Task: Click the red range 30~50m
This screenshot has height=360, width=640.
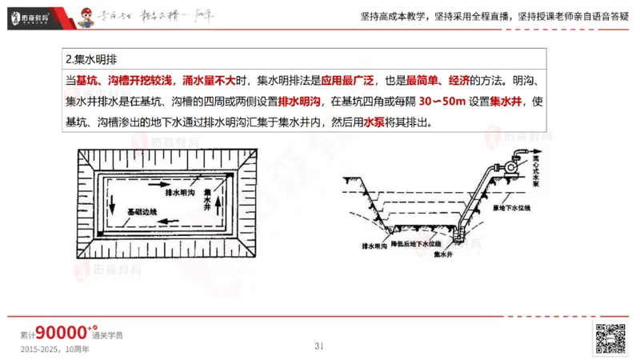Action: tap(450, 102)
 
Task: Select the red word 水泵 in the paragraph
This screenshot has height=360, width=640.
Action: tap(375, 123)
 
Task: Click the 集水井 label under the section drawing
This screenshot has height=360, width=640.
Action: tap(444, 254)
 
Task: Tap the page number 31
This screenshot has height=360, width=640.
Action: tap(318, 346)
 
